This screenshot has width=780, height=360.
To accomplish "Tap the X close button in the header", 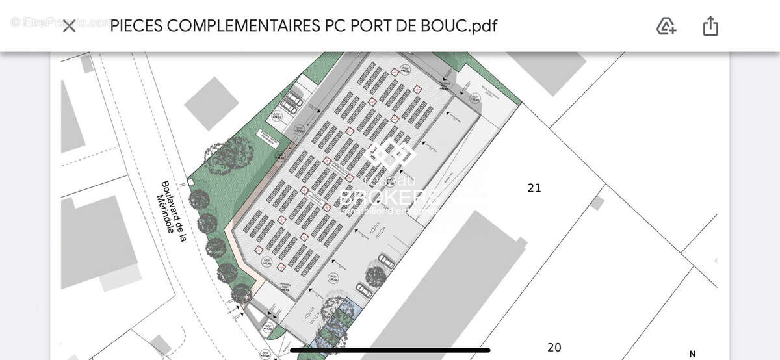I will [x=69, y=27].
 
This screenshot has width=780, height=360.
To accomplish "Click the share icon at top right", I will [x=710, y=27].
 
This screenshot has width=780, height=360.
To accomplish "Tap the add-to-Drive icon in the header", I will [x=666, y=27].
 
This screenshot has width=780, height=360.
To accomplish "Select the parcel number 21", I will [x=534, y=188].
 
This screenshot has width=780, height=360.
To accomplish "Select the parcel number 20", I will [x=554, y=347].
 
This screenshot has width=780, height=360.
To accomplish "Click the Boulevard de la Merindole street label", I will [x=174, y=211].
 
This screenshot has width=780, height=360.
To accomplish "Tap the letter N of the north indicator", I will [x=692, y=354].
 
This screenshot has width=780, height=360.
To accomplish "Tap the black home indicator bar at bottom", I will [x=390, y=350].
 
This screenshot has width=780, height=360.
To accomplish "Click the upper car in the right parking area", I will [x=386, y=261].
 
